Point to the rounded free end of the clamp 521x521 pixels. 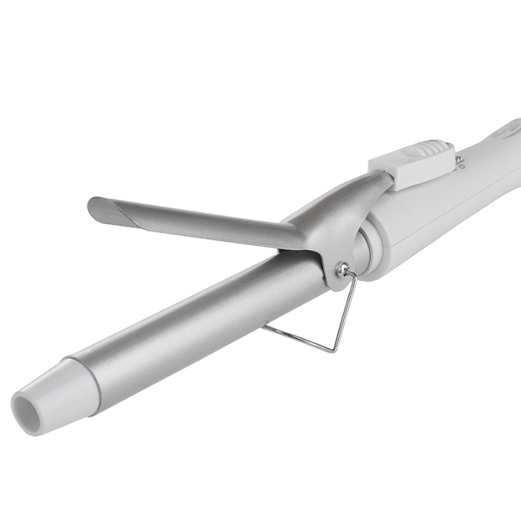pos(95,208)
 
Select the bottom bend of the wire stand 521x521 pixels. pos(336,349)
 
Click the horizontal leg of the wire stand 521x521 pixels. pos(298,337)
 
